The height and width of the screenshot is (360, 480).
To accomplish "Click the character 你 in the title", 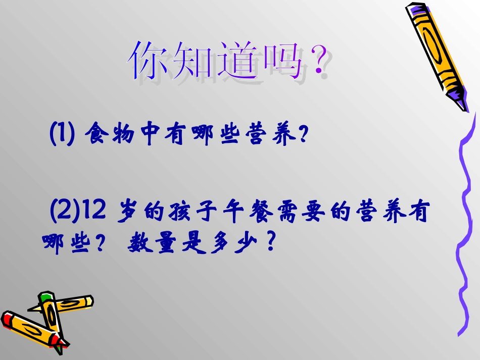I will tap(149, 61).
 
